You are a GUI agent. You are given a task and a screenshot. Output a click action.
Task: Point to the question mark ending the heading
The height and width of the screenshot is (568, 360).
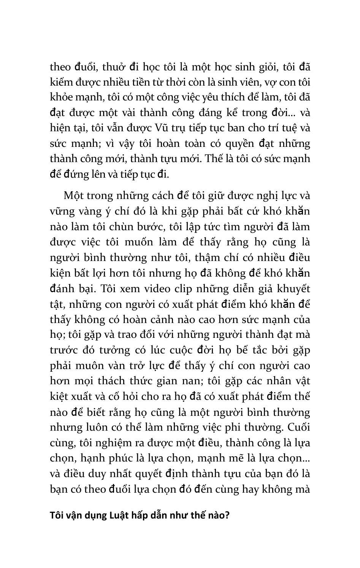coord(227,516)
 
